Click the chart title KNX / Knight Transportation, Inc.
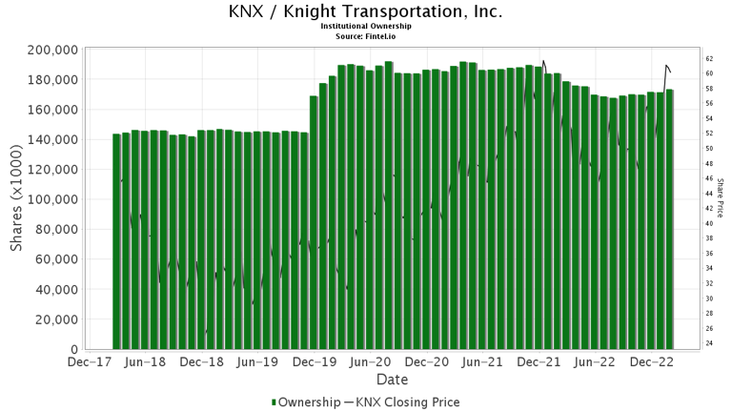(366, 12)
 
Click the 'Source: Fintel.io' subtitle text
(366, 35)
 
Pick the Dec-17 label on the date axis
(89, 362)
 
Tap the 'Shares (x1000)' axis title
(17, 199)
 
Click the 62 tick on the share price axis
(709, 58)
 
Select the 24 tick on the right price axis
(709, 343)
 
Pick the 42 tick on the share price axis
(709, 208)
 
